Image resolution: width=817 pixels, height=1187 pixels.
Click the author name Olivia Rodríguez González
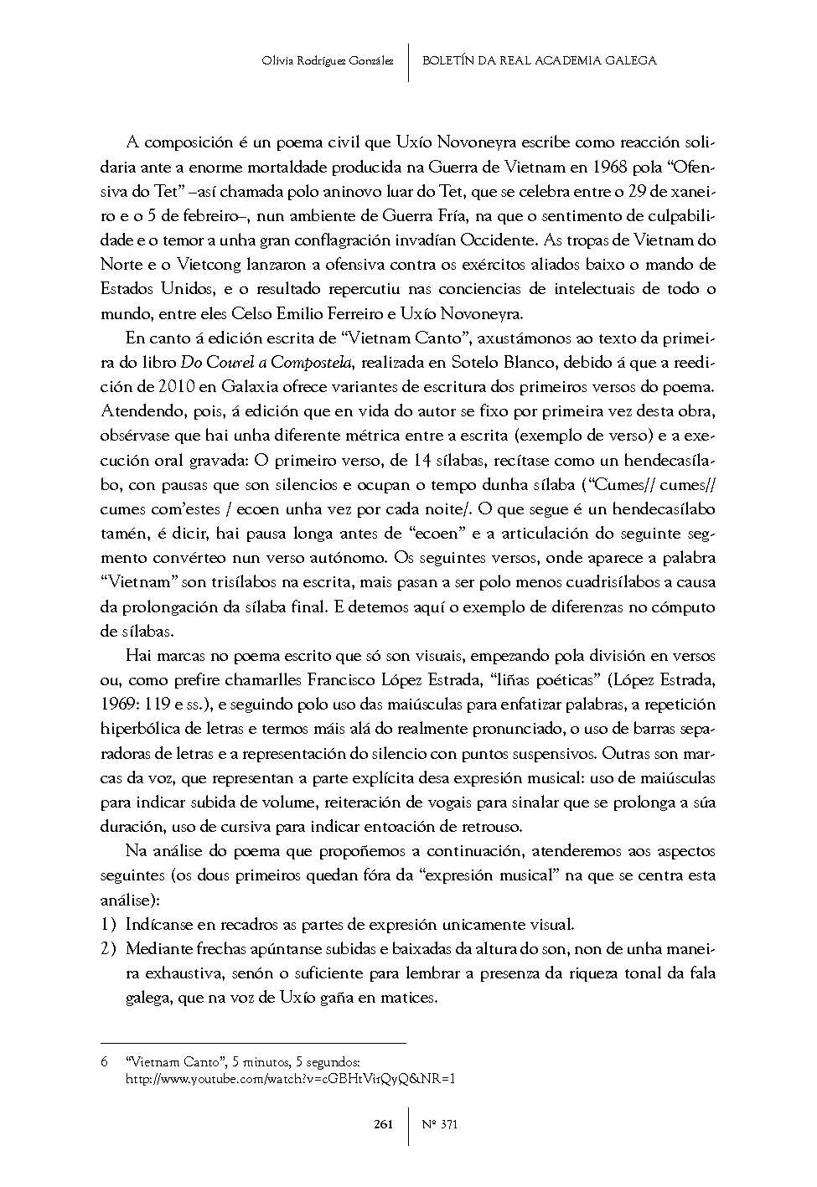328,60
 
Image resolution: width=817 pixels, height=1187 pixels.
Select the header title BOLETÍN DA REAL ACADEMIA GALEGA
540,60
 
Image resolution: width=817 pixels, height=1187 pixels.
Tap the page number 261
383,1125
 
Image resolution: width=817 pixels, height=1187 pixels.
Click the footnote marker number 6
105,1062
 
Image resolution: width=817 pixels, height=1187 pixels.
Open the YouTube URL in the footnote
290,1079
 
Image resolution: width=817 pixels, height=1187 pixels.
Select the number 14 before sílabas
423,461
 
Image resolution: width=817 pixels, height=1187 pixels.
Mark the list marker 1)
107,925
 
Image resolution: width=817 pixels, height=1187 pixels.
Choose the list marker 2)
107,949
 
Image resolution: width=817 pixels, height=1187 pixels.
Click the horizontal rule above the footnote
252,1043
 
